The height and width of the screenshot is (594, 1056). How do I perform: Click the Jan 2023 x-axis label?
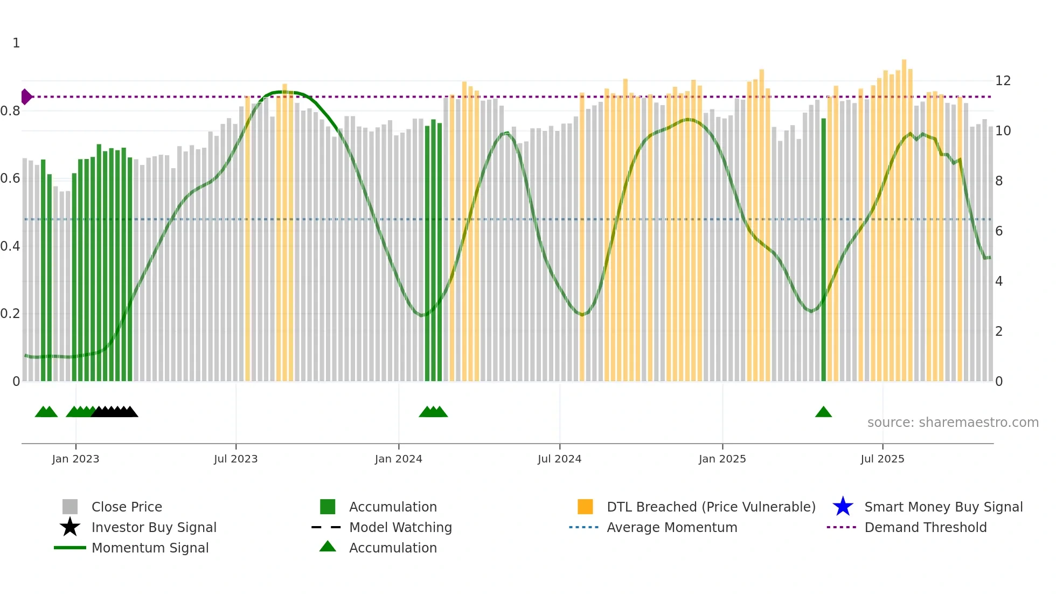[75, 459]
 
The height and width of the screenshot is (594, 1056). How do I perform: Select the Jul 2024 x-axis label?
[559, 459]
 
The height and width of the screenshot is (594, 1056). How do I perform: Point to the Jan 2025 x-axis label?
[722, 459]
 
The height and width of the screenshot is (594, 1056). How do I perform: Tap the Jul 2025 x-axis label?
[882, 459]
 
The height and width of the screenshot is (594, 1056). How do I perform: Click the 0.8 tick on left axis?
[10, 111]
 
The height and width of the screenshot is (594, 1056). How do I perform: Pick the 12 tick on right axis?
[1003, 81]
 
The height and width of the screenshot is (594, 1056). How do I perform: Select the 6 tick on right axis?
[999, 231]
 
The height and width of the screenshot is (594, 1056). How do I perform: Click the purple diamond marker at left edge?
[25, 97]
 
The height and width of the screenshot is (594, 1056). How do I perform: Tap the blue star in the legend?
[843, 507]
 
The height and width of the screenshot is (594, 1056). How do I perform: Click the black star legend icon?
[70, 527]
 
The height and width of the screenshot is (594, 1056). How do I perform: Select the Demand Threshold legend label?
[925, 527]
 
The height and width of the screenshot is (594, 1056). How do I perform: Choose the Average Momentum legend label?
[672, 527]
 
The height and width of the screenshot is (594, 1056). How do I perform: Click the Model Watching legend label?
[400, 527]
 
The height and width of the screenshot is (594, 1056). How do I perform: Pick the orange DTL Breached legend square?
[585, 507]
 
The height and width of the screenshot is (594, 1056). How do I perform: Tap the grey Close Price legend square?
[70, 507]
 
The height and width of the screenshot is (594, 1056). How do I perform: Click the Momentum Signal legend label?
[150, 548]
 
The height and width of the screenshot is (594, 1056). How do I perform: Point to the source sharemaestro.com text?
[953, 423]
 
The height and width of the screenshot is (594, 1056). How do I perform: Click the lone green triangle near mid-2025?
[823, 412]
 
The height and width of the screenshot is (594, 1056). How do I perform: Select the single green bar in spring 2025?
[823, 248]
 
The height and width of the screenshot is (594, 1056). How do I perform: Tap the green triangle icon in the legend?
[328, 547]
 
